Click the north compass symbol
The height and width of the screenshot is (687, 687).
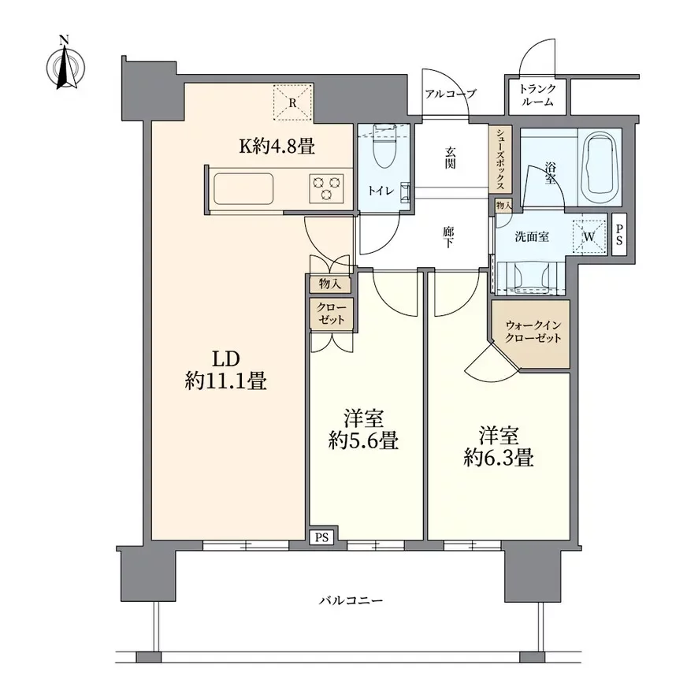click(65, 65)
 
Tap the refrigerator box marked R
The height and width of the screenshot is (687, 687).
click(292, 103)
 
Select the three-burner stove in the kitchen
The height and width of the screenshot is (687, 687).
click(326, 188)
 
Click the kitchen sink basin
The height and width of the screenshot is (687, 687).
click(243, 188)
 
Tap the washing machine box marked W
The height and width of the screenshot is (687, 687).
click(589, 237)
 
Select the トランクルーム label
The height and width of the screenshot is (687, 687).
click(537, 95)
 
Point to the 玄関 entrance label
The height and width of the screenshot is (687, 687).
click(450, 158)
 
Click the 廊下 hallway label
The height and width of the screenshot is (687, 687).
click(447, 237)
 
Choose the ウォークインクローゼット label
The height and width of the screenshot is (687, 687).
click(533, 332)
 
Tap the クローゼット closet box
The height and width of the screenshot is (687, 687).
click(331, 314)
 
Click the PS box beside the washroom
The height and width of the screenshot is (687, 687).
click(619, 235)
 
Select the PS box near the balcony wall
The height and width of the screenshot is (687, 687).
click(321, 537)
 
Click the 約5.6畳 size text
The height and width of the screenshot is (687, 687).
click(363, 440)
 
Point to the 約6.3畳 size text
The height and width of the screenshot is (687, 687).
click(499, 459)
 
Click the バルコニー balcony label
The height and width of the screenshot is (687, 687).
click(351, 600)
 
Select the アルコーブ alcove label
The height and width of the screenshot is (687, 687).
click(450, 93)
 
